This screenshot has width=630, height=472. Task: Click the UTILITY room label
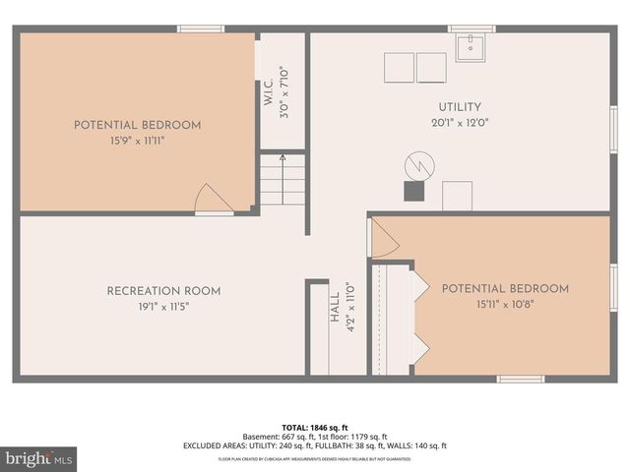(x=460, y=106)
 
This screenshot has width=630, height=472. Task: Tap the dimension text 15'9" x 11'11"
(x=137, y=142)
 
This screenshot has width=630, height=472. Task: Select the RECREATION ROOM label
(x=163, y=291)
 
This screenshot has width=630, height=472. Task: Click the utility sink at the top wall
(x=472, y=44)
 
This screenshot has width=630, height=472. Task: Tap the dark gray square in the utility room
(x=413, y=192)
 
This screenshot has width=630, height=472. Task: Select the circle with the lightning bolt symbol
(x=419, y=164)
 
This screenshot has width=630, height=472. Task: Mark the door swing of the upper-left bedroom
(x=211, y=200)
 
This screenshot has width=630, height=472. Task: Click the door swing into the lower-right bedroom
(x=382, y=239)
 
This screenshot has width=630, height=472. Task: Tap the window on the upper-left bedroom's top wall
(x=201, y=29)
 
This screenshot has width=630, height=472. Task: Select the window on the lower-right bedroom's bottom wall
(x=520, y=379)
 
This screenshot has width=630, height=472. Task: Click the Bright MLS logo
(x=38, y=459)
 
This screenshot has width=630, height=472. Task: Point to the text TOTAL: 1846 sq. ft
(x=314, y=427)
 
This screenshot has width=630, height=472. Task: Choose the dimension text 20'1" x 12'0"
(x=460, y=123)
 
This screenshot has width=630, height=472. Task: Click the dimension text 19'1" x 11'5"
(x=163, y=307)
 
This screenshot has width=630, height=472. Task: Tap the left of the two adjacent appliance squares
(x=399, y=68)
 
